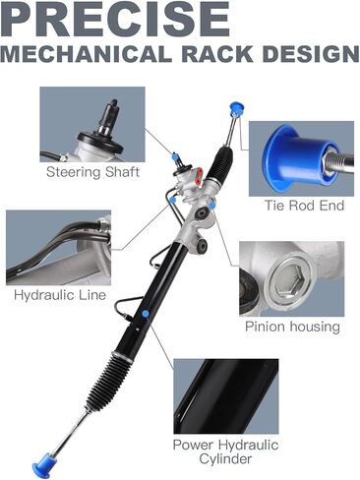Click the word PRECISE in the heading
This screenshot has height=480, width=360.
tap(115, 19)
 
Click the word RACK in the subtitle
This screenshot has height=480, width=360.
tap(217, 53)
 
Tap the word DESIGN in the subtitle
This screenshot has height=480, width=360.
tap(310, 53)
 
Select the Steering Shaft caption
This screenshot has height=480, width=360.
tap(92, 172)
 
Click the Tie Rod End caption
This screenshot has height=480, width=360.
tap(304, 206)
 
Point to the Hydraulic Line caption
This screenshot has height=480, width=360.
tap(60, 295)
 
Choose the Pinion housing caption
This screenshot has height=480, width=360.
tap(292, 327)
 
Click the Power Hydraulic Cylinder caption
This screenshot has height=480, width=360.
tap(225, 451)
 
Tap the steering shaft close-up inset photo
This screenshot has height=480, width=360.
tap(92, 124)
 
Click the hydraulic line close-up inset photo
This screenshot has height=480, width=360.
tap(58, 248)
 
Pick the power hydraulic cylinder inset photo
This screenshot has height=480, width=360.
tap(226, 396)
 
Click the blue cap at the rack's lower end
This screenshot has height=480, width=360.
tap(44, 465)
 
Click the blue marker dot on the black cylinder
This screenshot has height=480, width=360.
tap(146, 314)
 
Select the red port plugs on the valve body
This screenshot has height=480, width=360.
tap(198, 175)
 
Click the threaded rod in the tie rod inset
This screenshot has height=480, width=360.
tap(341, 160)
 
